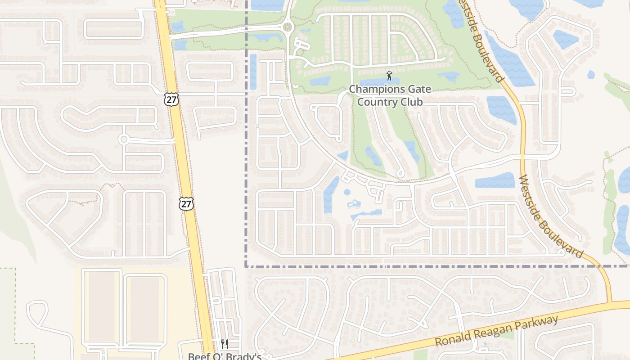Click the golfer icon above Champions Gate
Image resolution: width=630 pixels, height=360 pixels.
389,76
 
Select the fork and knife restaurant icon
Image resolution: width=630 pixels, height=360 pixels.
225,344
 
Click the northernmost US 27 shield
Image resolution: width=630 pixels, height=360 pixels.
171,99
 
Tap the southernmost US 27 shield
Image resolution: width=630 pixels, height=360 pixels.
186,203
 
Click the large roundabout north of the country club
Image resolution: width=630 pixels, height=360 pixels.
288,27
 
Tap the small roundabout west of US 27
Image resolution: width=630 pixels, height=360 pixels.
124,139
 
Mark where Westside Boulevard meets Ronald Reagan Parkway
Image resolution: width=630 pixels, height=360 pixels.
611,304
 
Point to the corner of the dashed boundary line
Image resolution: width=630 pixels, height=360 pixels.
246,266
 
